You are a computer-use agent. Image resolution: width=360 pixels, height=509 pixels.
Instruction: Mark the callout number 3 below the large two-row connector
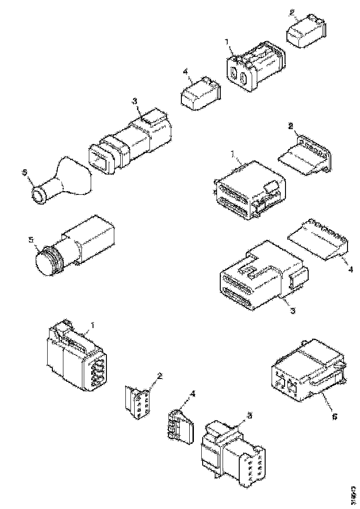point(292,311)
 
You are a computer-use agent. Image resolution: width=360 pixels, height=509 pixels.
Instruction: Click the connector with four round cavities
point(76,359)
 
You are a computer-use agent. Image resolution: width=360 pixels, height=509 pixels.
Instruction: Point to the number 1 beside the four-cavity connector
point(92,326)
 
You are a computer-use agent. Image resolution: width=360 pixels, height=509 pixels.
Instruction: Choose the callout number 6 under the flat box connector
point(335,416)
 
